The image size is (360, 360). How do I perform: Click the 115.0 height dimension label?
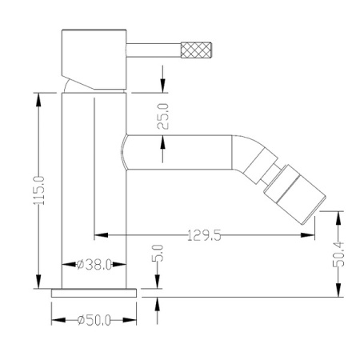point(39,190)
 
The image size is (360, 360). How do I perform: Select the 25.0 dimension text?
point(162,116)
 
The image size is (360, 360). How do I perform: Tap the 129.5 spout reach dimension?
point(204,235)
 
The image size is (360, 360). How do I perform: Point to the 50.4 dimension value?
point(338,254)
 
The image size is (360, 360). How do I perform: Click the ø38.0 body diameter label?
point(94,265)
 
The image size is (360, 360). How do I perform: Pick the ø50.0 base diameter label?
point(94,320)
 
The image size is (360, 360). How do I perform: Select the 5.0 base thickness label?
point(158,253)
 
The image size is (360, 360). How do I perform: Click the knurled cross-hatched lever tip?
point(196,50)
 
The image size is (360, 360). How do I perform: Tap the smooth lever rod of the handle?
point(154,50)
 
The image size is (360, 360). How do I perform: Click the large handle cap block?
point(94,59)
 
